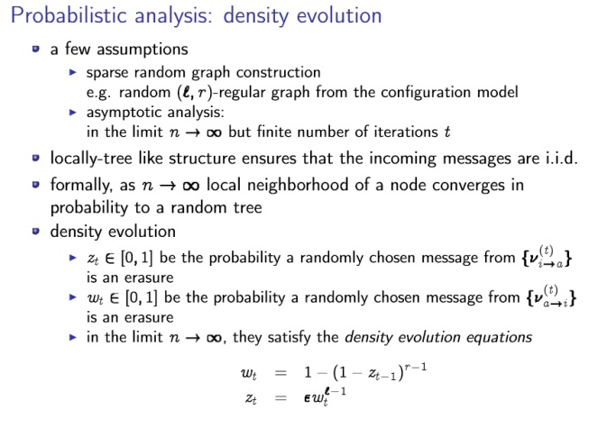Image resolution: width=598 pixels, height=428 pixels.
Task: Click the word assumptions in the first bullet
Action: pyautogui.click(x=143, y=50)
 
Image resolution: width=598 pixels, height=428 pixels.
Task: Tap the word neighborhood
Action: pyautogui.click(x=299, y=185)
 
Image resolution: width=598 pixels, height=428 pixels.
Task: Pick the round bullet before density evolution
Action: pyautogui.click(x=36, y=232)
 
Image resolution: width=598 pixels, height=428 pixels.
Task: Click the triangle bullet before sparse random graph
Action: pyautogui.click(x=73, y=72)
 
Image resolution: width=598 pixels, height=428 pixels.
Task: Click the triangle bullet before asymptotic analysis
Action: pyautogui.click(x=73, y=112)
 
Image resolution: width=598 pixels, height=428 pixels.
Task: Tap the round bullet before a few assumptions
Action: pyautogui.click(x=36, y=49)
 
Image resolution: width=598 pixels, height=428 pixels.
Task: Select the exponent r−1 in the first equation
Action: pyautogui.click(x=415, y=367)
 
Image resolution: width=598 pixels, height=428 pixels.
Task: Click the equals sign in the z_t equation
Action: pyautogui.click(x=281, y=398)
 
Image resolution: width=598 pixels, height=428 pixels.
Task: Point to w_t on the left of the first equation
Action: pyautogui.click(x=249, y=373)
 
